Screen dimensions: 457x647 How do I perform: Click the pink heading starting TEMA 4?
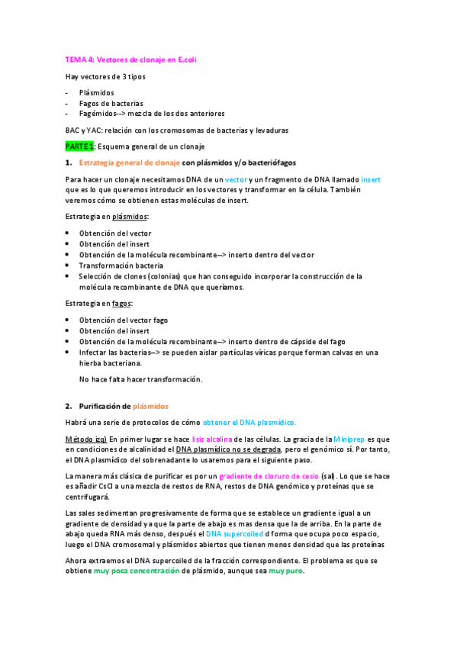(130, 60)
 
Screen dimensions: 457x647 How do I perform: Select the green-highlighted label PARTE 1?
(79, 146)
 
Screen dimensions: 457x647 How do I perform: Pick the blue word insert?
(371, 179)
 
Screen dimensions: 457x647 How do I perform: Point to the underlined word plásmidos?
(130, 217)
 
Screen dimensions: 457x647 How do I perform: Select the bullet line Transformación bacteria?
(121, 266)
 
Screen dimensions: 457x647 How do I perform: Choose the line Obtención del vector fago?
(124, 320)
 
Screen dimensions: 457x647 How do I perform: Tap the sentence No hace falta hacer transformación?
(141, 378)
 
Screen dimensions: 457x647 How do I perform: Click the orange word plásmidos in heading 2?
(150, 406)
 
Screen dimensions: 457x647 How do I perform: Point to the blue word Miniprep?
(349, 439)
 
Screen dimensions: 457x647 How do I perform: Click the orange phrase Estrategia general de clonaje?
(130, 163)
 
